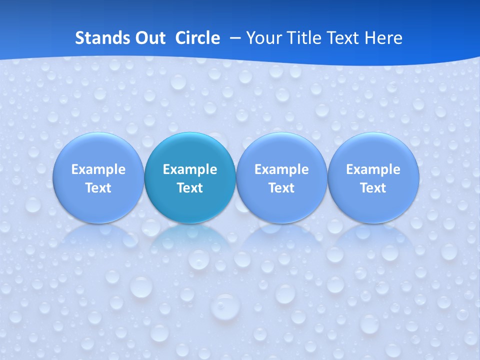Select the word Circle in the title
click(197, 38)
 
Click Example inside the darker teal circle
click(190, 169)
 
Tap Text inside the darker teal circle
click(190, 188)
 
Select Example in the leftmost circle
click(98, 169)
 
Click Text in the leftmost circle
click(98, 188)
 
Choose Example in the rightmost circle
click(373, 169)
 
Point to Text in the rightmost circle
click(373, 188)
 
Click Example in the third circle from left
click(281, 169)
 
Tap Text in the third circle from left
click(281, 188)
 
